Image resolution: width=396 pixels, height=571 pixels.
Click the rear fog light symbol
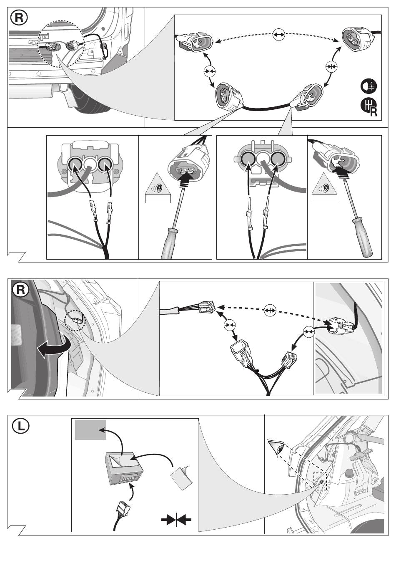pos(368,86)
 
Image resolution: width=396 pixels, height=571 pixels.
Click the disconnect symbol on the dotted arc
pos(278,35)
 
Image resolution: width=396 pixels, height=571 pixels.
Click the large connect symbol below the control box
pos(176,519)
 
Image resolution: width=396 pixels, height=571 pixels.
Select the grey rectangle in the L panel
pos(90,430)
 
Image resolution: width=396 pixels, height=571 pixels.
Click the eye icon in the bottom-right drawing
pos(276,447)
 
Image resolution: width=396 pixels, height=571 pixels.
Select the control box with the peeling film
pos(124,468)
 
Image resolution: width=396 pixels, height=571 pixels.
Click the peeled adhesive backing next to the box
pos(181,474)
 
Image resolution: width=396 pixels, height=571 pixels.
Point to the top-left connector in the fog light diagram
pos(196,43)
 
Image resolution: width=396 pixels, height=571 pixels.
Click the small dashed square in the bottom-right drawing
pos(320,480)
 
